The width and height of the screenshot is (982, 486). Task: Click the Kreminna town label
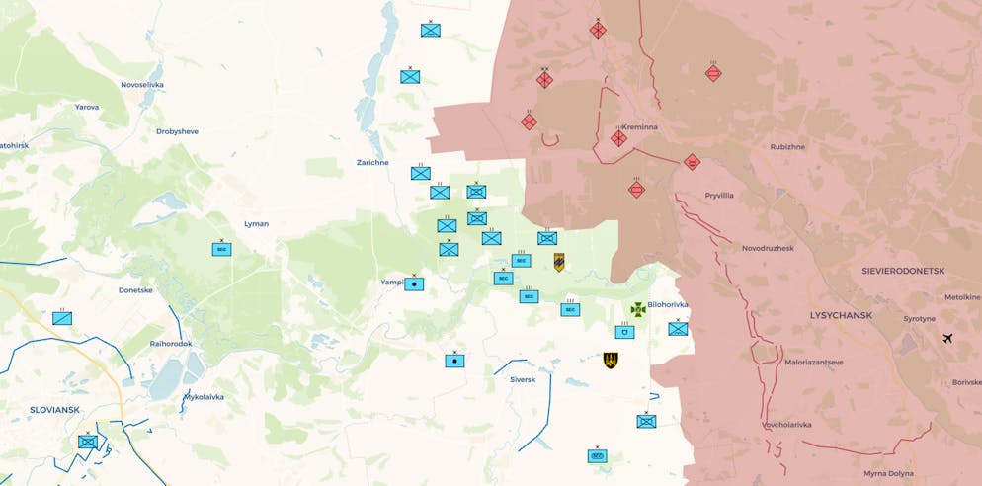click(640, 127)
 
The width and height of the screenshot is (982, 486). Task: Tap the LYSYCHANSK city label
click(841, 315)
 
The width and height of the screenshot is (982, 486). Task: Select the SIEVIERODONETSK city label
click(904, 270)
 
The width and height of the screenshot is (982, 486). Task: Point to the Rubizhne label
click(787, 147)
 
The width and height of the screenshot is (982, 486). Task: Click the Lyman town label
click(256, 224)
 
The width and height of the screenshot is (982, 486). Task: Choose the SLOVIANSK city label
click(54, 409)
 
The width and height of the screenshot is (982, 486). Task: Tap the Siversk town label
click(523, 379)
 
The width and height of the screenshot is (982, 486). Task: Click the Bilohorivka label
click(669, 305)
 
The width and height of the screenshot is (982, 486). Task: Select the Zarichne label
click(372, 162)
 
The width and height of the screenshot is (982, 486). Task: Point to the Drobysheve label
click(178, 131)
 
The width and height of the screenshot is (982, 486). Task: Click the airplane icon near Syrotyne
click(948, 340)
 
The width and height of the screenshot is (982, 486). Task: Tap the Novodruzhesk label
click(768, 248)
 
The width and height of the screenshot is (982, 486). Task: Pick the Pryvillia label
click(718, 196)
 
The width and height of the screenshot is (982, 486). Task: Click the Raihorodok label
click(171, 344)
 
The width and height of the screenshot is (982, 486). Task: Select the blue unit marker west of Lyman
click(221, 249)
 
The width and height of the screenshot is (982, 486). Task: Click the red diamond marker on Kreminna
click(618, 138)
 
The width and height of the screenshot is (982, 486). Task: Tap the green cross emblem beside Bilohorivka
click(638, 309)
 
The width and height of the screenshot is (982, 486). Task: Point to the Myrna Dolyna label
click(888, 474)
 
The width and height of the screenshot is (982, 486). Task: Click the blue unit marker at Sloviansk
click(88, 442)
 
